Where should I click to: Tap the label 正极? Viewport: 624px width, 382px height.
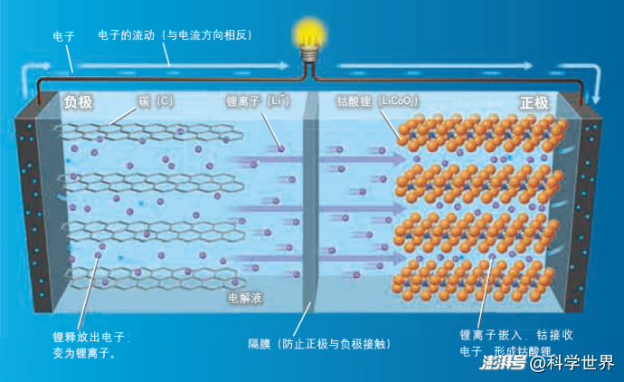tap(534, 102)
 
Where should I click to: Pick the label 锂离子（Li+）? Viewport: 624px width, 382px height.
tap(258, 101)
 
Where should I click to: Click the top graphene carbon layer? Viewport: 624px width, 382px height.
tap(145, 134)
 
